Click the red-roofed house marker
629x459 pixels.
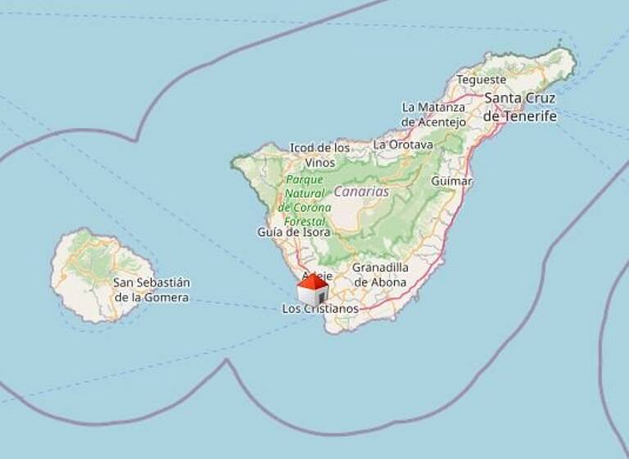312,291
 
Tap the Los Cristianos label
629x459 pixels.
320,309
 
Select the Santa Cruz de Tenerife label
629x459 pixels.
519,107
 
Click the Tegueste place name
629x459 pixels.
481,80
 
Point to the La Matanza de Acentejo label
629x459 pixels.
433,115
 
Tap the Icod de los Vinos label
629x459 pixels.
319,155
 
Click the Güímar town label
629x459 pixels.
451,180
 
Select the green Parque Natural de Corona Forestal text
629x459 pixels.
305,201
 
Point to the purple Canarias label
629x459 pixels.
360,191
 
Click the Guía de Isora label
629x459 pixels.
294,232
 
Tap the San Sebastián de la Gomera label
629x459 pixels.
152,290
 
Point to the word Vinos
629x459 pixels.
319,162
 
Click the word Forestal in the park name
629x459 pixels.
305,221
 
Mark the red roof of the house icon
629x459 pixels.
312,282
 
